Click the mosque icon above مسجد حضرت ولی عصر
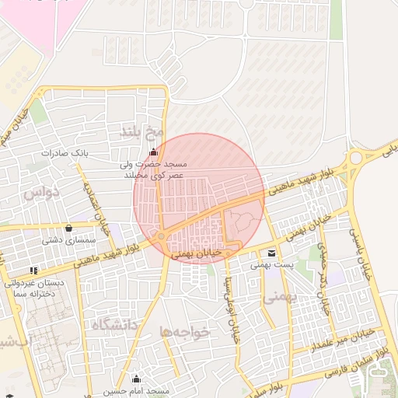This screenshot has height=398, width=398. pos(153,152)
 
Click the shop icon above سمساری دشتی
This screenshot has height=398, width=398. pos(70,229)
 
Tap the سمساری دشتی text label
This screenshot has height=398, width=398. pos(61,241)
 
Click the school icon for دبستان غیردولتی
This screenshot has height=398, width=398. pos(33,270)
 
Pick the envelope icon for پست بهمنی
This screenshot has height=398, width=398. pos(271,253)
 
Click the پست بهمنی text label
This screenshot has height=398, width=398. pos(271,265)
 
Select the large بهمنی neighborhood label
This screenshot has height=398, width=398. pos(280,296)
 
